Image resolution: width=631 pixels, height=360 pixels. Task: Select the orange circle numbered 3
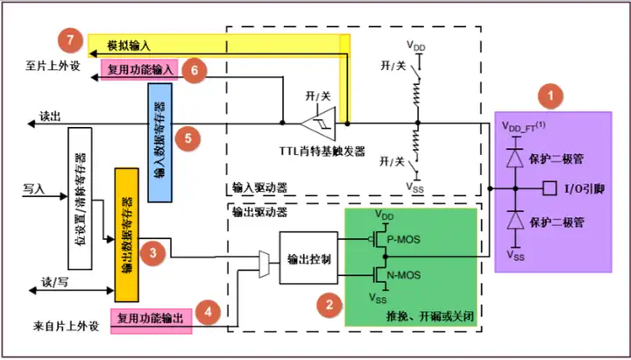tap(153, 252)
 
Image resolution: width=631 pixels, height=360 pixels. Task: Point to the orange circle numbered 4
tap(208, 312)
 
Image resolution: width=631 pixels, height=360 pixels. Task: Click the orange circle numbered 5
tap(186, 137)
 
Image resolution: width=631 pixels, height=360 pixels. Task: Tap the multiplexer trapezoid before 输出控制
tap(265, 259)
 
